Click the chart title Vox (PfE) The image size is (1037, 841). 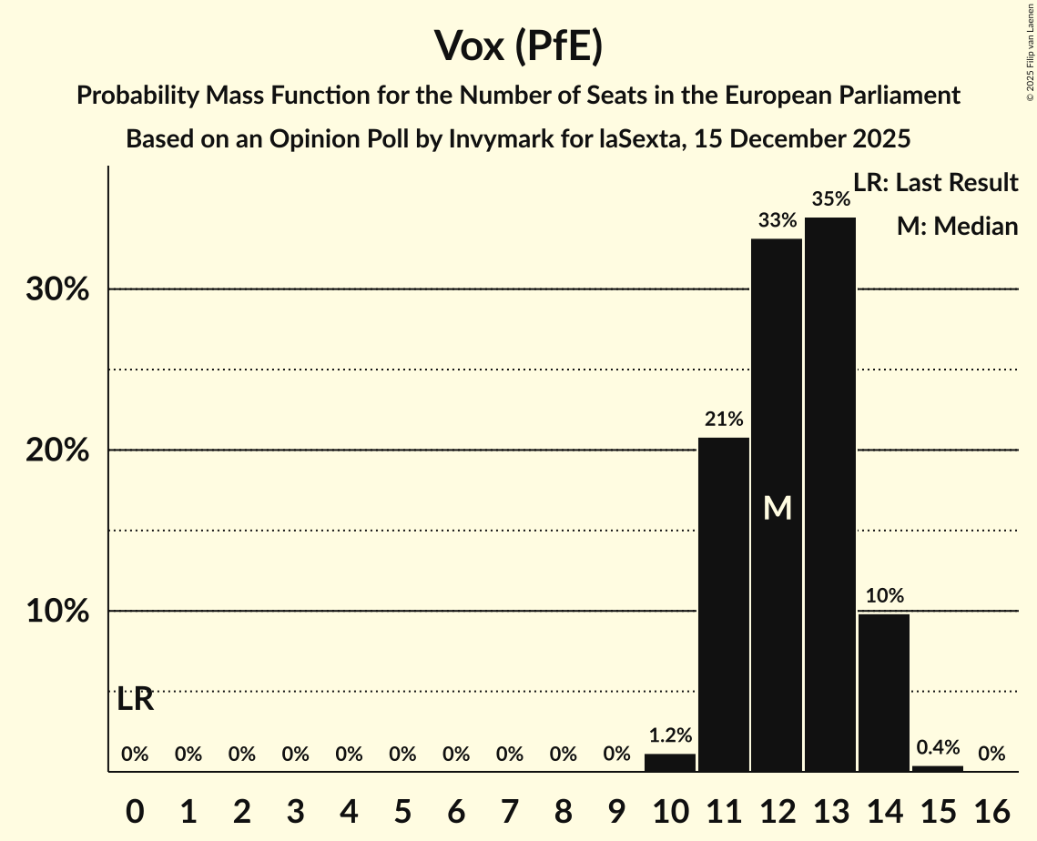pyautogui.click(x=518, y=46)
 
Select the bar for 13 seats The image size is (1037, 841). pyautogui.click(x=830, y=494)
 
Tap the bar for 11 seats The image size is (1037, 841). pyautogui.click(x=724, y=604)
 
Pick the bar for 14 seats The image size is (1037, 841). pyautogui.click(x=884, y=693)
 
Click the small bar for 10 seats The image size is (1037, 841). pyautogui.click(x=670, y=763)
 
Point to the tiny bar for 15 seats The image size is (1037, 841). pyautogui.click(x=938, y=768)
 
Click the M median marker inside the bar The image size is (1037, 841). pyautogui.click(x=778, y=508)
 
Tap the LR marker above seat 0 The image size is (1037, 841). pyautogui.click(x=135, y=700)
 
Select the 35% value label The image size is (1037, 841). pyautogui.click(x=830, y=198)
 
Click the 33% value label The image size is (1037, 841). pyautogui.click(x=778, y=220)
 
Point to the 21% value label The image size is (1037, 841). pyautogui.click(x=724, y=420)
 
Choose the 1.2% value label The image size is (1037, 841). pyautogui.click(x=670, y=735)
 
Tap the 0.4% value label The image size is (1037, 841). pyautogui.click(x=938, y=747)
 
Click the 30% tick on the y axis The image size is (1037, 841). pyautogui.click(x=56, y=289)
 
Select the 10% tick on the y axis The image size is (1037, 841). pyautogui.click(x=56, y=612)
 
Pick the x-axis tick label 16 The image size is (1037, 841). pyautogui.click(x=991, y=810)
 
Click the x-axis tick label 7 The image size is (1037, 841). pyautogui.click(x=510, y=810)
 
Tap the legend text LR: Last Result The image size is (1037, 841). pyautogui.click(x=935, y=183)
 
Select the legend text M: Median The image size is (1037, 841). pyautogui.click(x=957, y=226)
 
